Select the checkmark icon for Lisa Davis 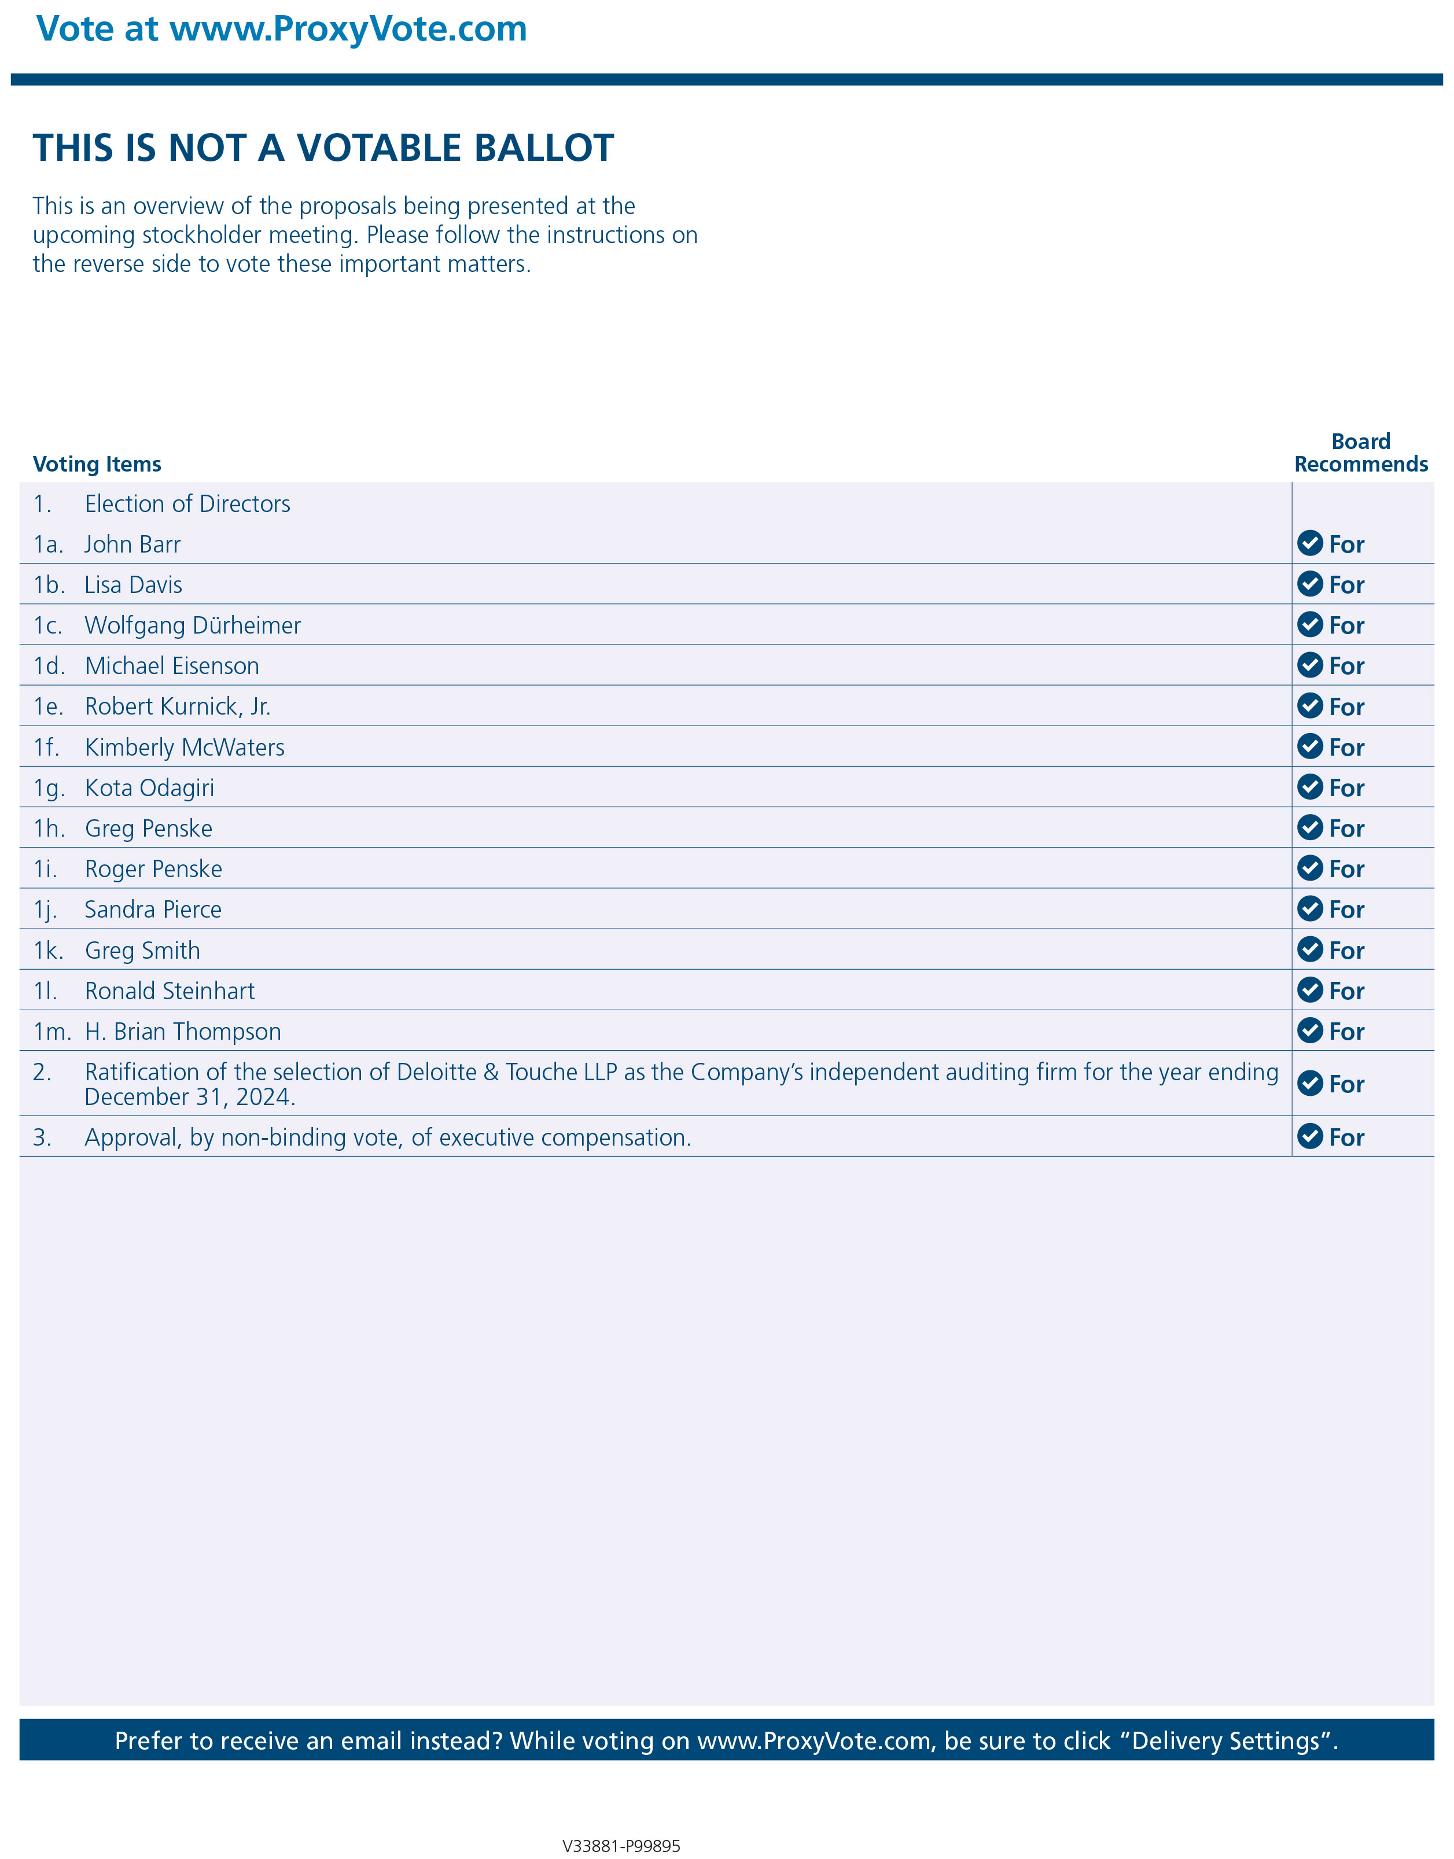pyautogui.click(x=1309, y=584)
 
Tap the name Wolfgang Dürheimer pyautogui.click(x=193, y=625)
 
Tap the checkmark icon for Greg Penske pyautogui.click(x=1309, y=827)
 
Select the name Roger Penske pyautogui.click(x=153, y=869)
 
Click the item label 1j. pyautogui.click(x=45, y=910)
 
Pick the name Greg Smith pyautogui.click(x=142, y=951)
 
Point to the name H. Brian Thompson pyautogui.click(x=182, y=1032)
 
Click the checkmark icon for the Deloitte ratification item pyautogui.click(x=1309, y=1084)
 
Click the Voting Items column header pyautogui.click(x=97, y=464)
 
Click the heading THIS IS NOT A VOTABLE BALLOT pyautogui.click(x=323, y=148)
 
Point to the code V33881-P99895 pyautogui.click(x=621, y=1845)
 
